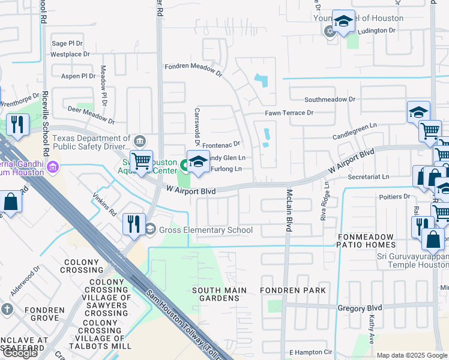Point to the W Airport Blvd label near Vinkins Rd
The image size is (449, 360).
coord(191,191)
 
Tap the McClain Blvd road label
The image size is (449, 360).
coord(289,211)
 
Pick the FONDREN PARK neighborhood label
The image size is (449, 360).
coord(293,290)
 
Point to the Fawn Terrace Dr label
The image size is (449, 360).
coord(289,113)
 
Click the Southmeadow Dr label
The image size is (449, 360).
coord(330,100)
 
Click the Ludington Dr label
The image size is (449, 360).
coord(376,30)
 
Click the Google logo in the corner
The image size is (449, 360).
coord(20,353)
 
